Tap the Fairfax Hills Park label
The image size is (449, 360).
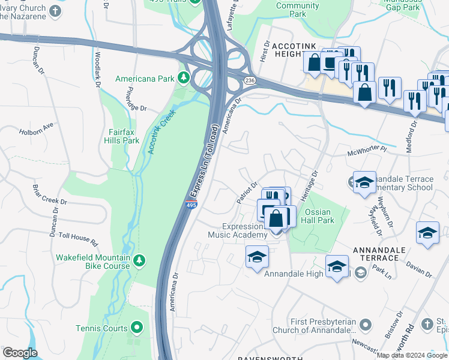(123, 136)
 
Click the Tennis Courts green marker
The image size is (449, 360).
(137, 328)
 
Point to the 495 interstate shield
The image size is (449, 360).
(190, 205)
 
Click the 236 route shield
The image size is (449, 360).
(250, 80)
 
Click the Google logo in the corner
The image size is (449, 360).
(20, 353)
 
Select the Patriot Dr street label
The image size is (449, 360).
(247, 193)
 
